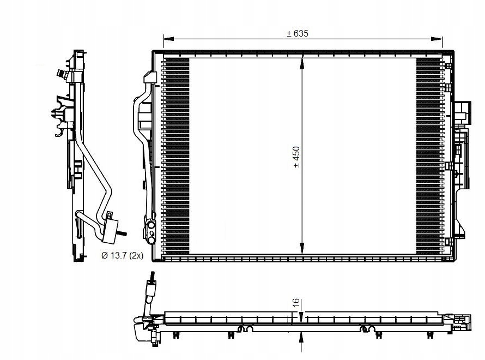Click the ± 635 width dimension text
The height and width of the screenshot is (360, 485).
coord(298,33)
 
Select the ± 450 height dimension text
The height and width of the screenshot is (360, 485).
coord(296,157)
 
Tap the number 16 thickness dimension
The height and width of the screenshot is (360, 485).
coord(295,303)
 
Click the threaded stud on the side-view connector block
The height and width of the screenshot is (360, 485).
coord(123,235)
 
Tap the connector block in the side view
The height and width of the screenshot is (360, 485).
coord(112,230)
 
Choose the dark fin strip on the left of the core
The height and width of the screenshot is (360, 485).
coord(176,155)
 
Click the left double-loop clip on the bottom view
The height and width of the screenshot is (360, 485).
coord(244,329)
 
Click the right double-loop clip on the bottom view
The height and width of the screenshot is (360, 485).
coord(366,329)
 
